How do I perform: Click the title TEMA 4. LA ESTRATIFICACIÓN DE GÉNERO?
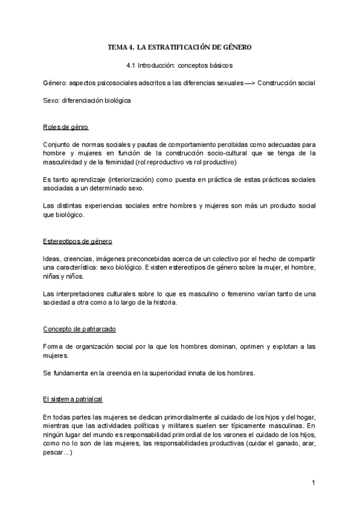179,47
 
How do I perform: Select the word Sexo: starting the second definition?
52,101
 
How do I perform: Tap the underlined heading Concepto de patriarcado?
80,329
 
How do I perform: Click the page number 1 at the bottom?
313,482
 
